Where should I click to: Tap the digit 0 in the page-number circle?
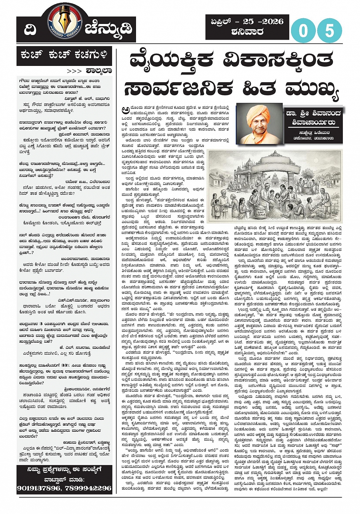click(x=304, y=30)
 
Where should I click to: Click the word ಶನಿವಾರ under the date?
click(x=247, y=32)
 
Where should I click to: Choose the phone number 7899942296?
click(x=88, y=488)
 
